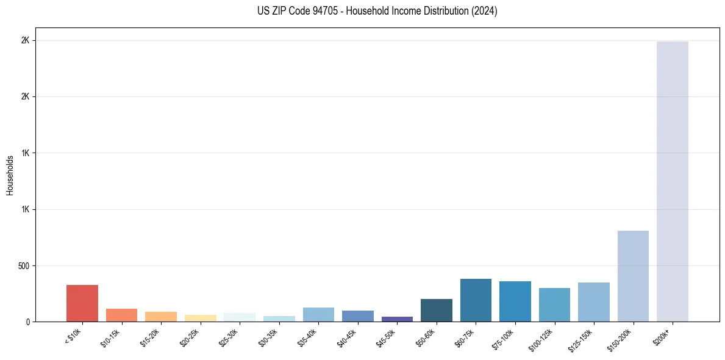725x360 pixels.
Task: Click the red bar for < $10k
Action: tap(82, 303)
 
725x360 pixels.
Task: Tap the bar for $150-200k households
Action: tap(633, 276)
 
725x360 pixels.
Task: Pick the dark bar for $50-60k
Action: tap(437, 311)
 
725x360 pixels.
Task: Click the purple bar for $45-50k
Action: tap(397, 319)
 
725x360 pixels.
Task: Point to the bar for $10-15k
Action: tap(121, 315)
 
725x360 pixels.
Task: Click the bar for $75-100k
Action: tap(515, 301)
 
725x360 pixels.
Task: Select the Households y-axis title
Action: tap(10, 175)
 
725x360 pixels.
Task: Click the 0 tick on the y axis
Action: tap(27, 322)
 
